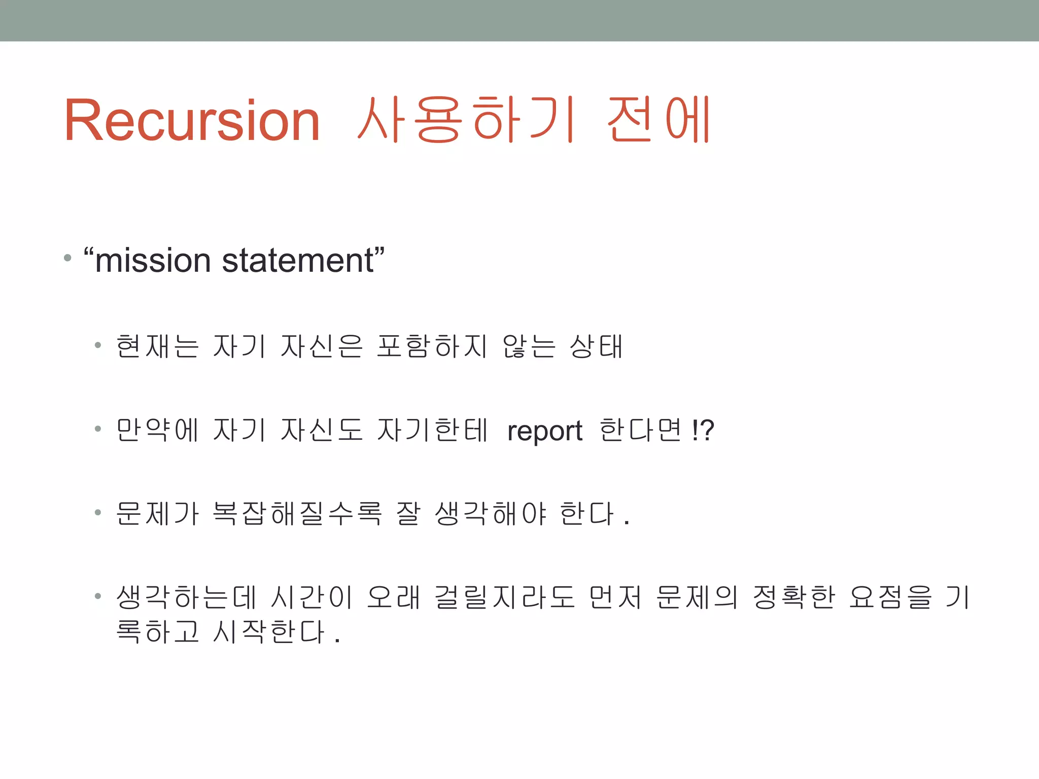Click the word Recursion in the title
[192, 121]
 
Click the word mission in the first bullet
[152, 261]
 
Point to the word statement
[298, 261]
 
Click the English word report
[544, 431]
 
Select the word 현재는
[157, 347]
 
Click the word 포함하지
[432, 347]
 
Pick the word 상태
[596, 347]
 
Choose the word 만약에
[157, 430]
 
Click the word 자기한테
[432, 430]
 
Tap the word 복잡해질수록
[296, 513]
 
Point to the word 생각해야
[491, 513]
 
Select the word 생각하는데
[186, 597]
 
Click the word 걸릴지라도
[504, 597]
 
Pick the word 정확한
[793, 597]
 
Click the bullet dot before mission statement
[67, 258]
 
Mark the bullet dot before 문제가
[98, 513]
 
